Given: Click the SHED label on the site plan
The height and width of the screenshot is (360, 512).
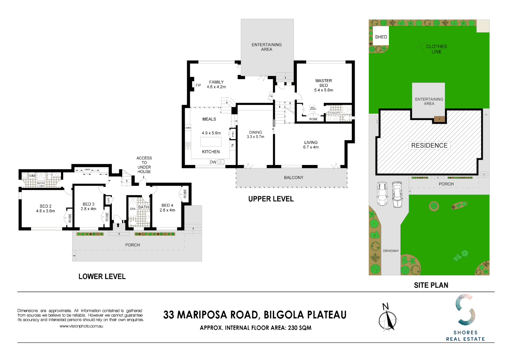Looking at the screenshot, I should pyautogui.click(x=381, y=37).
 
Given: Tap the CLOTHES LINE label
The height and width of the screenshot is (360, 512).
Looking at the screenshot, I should pyautogui.click(x=436, y=49).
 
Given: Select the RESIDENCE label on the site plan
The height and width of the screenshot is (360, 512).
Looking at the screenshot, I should pyautogui.click(x=429, y=145).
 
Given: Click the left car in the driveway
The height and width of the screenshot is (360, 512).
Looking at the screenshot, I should pyautogui.click(x=382, y=194).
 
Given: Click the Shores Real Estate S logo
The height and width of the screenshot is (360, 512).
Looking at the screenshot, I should pyautogui.click(x=465, y=310).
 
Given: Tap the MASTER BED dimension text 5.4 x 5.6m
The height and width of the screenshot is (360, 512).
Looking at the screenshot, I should pyautogui.click(x=324, y=90).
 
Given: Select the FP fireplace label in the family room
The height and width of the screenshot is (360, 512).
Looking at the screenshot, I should pyautogui.click(x=198, y=85).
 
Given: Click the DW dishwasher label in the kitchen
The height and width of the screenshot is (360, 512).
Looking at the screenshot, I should pyautogui.click(x=213, y=162).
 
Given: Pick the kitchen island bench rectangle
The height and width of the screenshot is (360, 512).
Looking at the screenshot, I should pyautogui.click(x=211, y=142).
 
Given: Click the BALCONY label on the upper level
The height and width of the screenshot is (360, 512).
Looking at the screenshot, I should pyautogui.click(x=294, y=178).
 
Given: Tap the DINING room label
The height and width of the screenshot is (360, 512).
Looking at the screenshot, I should pyautogui.click(x=255, y=132).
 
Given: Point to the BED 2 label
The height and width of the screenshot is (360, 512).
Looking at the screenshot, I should pyautogui.click(x=46, y=206).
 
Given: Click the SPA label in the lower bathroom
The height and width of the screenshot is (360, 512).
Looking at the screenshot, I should pyautogui.click(x=133, y=209).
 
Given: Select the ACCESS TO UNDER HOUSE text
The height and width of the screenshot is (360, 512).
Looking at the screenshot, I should pyautogui.click(x=144, y=165).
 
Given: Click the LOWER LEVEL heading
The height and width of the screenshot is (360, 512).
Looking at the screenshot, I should pyautogui.click(x=102, y=276).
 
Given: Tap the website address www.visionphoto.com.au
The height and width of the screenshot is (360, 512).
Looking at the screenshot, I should pyautogui.click(x=81, y=326).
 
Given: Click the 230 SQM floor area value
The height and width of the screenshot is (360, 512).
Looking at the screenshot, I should pyautogui.click(x=300, y=328).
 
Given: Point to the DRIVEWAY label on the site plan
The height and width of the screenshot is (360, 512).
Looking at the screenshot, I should pyautogui.click(x=391, y=251).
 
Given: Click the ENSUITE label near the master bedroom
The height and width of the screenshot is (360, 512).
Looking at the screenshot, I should pyautogui.click(x=335, y=113).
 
